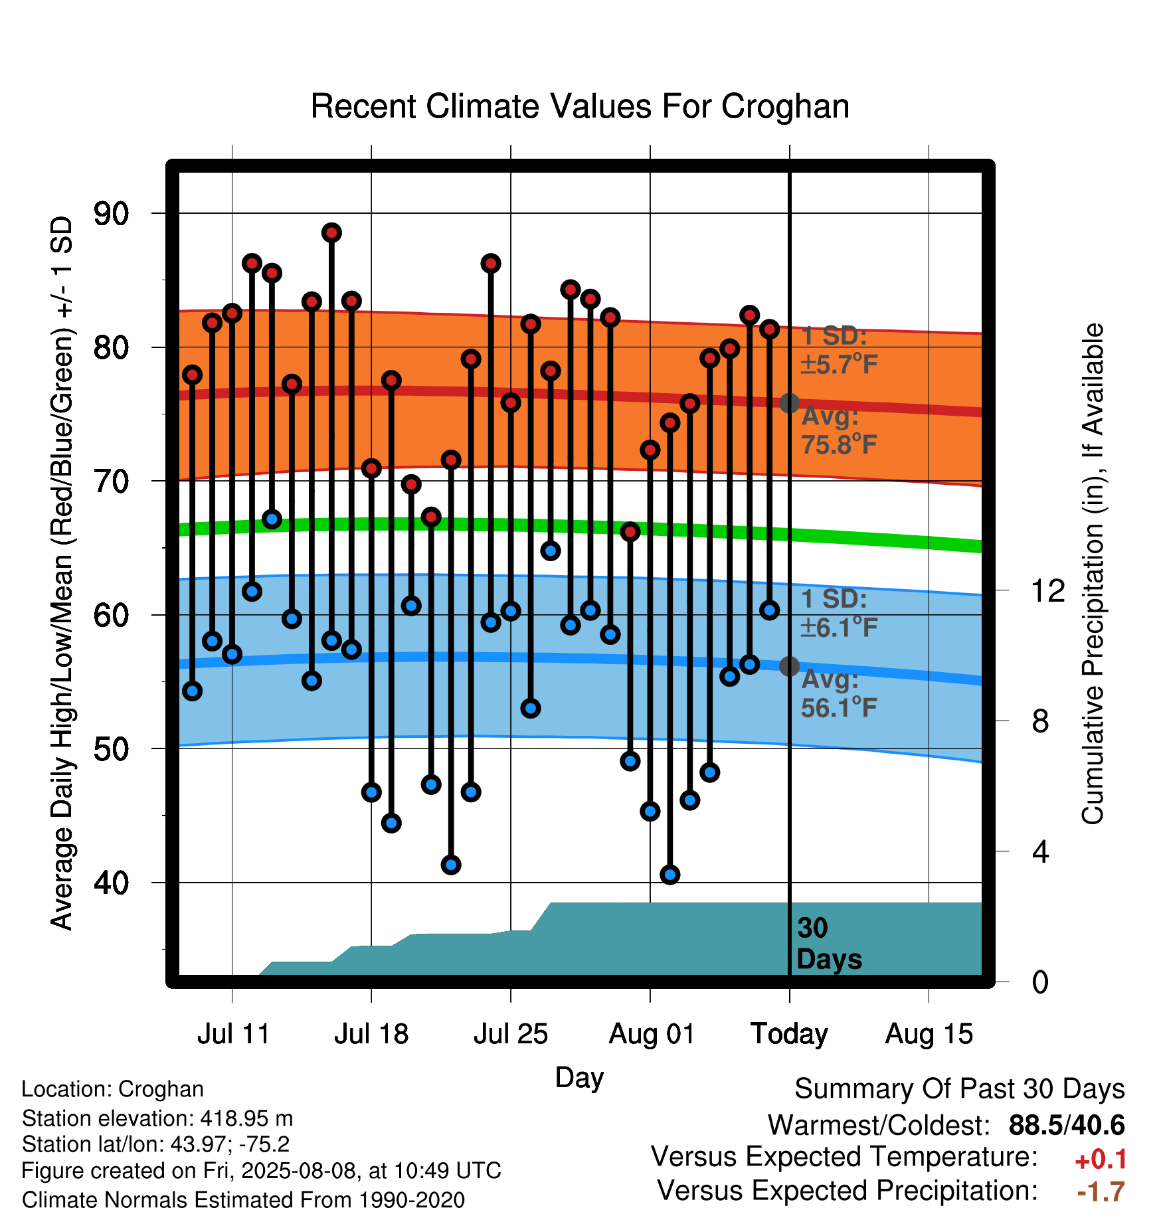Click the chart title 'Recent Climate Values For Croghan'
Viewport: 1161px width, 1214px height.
click(580, 106)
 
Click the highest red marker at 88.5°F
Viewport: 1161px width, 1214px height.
click(331, 232)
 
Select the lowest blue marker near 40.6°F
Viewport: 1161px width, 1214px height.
click(670, 875)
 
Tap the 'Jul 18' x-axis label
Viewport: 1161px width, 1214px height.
click(371, 1034)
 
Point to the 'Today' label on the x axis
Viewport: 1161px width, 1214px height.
click(789, 1034)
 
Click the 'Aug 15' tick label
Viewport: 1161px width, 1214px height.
click(929, 1034)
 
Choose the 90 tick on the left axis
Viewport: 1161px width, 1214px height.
click(111, 214)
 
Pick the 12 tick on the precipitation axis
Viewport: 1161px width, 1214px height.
click(1047, 590)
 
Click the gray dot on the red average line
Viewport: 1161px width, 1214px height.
click(789, 402)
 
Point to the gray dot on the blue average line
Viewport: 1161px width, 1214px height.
click(789, 665)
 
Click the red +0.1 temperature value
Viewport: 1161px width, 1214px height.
click(1101, 1160)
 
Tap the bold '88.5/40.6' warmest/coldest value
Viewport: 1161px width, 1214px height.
click(1067, 1125)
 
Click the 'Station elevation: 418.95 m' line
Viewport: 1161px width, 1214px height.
click(157, 1118)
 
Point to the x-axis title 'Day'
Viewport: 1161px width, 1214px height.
click(580, 1078)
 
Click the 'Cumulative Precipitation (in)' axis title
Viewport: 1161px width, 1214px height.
click(1093, 574)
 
